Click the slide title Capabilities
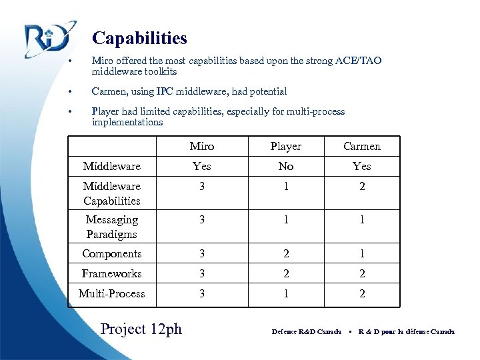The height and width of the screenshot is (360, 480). (139, 39)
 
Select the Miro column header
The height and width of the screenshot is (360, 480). (201, 147)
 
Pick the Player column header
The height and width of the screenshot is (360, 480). (285, 147)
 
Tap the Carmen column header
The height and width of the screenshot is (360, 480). (362, 147)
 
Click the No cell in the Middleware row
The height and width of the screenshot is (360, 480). (285, 167)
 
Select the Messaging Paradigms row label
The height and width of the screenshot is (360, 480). (112, 227)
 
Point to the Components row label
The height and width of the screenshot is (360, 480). (112, 254)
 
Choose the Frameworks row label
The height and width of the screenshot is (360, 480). (112, 274)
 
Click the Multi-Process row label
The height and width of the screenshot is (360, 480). (112, 294)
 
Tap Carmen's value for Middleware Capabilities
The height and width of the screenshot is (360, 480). (362, 187)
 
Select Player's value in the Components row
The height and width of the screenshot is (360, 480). (285, 254)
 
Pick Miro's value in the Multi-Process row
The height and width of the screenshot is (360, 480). (201, 294)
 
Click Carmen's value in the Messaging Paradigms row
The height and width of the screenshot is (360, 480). (362, 220)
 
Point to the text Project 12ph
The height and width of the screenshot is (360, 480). (141, 329)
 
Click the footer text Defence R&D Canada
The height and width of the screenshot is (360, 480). (306, 332)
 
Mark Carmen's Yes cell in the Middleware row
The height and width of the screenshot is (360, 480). (362, 167)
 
